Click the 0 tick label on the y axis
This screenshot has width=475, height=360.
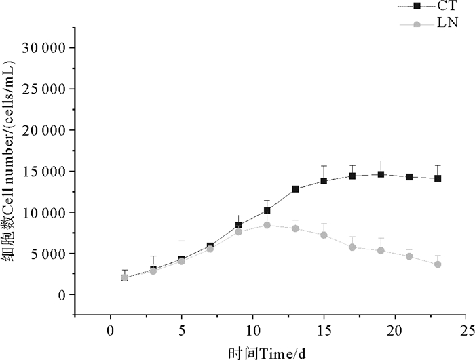tap(62, 295)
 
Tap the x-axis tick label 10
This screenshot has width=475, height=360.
tap(252, 332)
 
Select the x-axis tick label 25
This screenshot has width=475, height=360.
tap(465, 332)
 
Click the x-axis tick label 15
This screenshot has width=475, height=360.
tap(324, 332)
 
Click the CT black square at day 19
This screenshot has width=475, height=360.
tap(381, 174)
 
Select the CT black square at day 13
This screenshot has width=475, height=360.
tap(296, 189)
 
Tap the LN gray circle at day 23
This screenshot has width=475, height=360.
tap(438, 264)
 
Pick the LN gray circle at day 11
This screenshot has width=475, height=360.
tap(267, 225)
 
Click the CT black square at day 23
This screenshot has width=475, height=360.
tap(438, 178)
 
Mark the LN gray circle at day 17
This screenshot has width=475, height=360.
tap(352, 247)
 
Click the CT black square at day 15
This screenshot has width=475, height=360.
tap(324, 181)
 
